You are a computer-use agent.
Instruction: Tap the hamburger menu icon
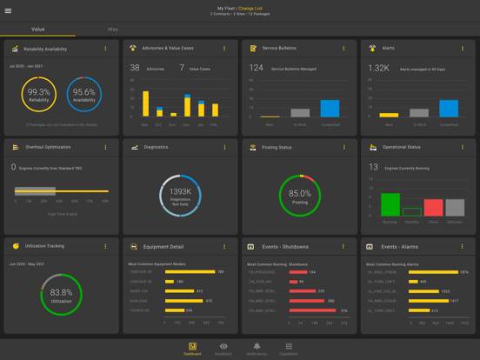coord(9,11)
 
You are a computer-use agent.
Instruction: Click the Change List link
coord(250,8)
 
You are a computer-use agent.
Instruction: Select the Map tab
coord(113,30)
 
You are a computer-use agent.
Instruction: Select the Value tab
coord(38,30)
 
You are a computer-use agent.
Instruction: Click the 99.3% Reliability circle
coord(38,95)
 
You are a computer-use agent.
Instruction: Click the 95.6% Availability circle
coord(84,95)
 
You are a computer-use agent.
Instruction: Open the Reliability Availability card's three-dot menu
coord(106,49)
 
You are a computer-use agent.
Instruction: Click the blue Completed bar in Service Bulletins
coord(330,108)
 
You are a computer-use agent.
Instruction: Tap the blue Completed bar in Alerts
coord(449,108)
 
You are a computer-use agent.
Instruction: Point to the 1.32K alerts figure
coord(378,68)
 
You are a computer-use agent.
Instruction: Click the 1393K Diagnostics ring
coord(180,195)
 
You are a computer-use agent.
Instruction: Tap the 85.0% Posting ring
coord(299,195)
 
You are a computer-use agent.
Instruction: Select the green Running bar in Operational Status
coord(390,204)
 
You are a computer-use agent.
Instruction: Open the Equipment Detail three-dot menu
coord(224,247)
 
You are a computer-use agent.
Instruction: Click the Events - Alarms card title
coord(400,247)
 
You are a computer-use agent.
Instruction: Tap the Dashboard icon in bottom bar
coord(192,348)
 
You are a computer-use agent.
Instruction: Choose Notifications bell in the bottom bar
coord(257,348)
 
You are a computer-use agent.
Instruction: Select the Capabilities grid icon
coord(289,348)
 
